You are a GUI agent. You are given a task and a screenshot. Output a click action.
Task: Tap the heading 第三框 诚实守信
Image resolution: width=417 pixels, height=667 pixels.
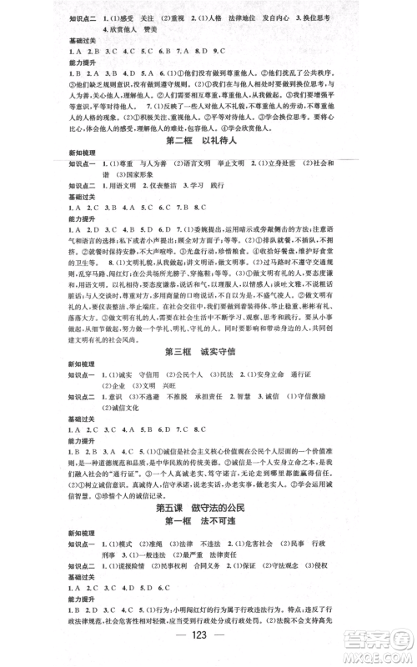click(208, 327)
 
